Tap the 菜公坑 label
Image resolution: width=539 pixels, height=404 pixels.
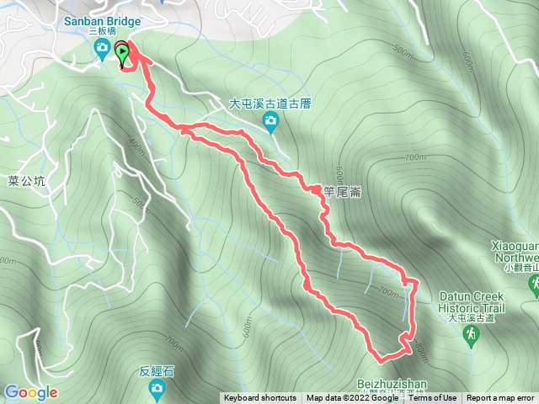tap(25, 180)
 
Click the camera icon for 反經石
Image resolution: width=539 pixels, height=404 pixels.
tap(157, 387)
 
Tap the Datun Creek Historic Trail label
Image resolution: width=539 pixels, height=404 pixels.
tap(472, 302)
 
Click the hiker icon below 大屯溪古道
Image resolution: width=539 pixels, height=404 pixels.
tap(471, 335)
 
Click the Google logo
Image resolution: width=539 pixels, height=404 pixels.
tap(30, 392)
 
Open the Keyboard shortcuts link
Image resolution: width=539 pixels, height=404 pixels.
tap(260, 398)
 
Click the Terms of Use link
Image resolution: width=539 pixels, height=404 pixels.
tap(433, 398)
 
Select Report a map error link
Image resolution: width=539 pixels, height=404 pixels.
tap(500, 398)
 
